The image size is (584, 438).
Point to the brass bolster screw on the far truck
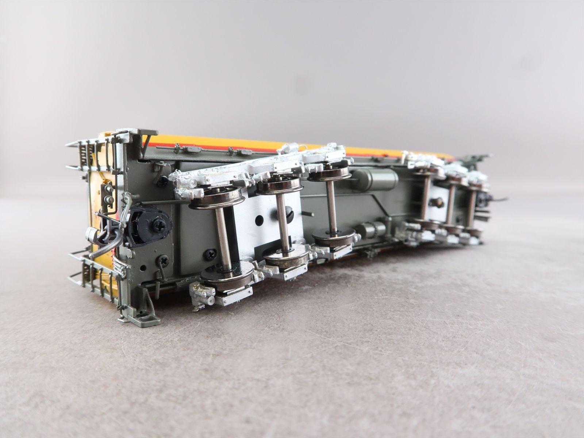pyautogui.click(x=438, y=201)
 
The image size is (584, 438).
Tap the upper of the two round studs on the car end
pyautogui.click(x=108, y=189)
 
